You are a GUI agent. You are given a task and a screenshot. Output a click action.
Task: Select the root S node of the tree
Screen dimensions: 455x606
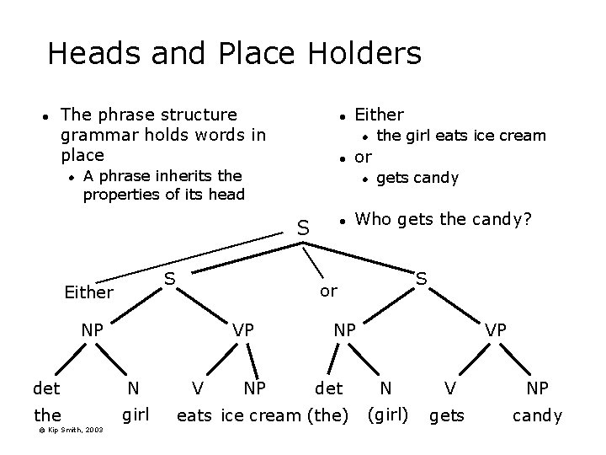click(x=304, y=227)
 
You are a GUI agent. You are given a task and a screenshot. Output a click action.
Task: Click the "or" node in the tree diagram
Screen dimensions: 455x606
click(x=328, y=292)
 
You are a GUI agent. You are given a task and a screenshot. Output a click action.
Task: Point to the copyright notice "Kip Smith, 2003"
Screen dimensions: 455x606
click(x=72, y=430)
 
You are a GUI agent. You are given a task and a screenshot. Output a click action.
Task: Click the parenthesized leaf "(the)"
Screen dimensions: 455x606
click(x=328, y=415)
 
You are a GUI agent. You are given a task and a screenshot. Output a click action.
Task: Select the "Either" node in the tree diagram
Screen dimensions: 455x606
click(x=88, y=293)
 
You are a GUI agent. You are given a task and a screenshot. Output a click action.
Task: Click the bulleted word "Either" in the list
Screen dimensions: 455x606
click(x=379, y=115)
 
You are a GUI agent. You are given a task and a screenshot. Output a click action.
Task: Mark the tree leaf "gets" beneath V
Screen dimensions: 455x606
click(x=446, y=415)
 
